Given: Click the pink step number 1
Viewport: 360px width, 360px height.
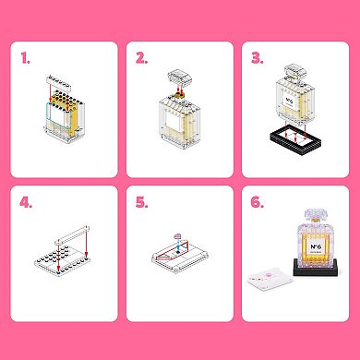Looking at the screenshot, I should (x=25, y=58).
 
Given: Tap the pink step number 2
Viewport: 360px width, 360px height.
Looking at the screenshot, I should (x=141, y=58).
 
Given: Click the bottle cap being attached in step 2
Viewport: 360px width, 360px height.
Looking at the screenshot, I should (x=176, y=78).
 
